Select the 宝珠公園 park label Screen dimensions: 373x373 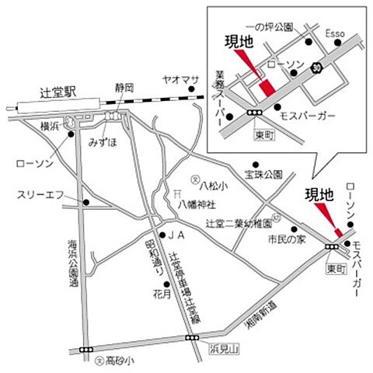coord(261,173)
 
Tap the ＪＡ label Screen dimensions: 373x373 coord(176,235)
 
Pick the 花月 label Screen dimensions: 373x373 coord(162,296)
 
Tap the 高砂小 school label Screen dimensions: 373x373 coord(120,361)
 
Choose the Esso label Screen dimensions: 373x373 coord(334,34)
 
